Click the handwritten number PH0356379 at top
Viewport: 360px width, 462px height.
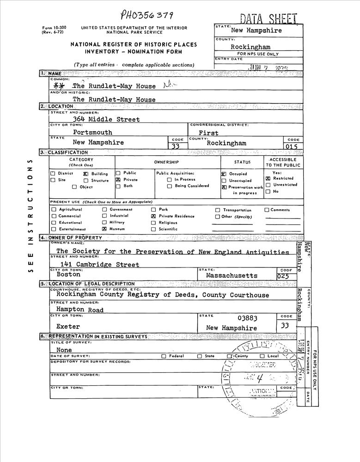click(x=147, y=15)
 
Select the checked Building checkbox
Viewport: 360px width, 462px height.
click(x=86, y=174)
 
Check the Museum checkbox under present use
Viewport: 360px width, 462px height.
click(x=104, y=229)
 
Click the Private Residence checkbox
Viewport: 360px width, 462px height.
click(x=153, y=216)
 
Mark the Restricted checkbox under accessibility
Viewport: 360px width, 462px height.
click(x=268, y=178)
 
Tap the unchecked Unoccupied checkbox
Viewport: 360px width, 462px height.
click(x=224, y=181)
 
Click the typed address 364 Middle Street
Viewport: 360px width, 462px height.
click(x=106, y=119)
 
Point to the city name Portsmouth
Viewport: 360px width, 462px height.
click(x=92, y=132)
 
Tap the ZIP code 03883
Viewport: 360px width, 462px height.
click(x=247, y=318)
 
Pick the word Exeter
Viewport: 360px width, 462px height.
click(x=68, y=327)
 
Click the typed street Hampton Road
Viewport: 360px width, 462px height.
click(x=80, y=310)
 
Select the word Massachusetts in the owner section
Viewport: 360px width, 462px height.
click(x=232, y=275)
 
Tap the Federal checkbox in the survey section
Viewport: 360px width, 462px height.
click(x=164, y=356)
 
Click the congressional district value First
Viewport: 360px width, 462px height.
click(x=208, y=133)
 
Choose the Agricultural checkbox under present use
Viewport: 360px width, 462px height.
click(x=54, y=210)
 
